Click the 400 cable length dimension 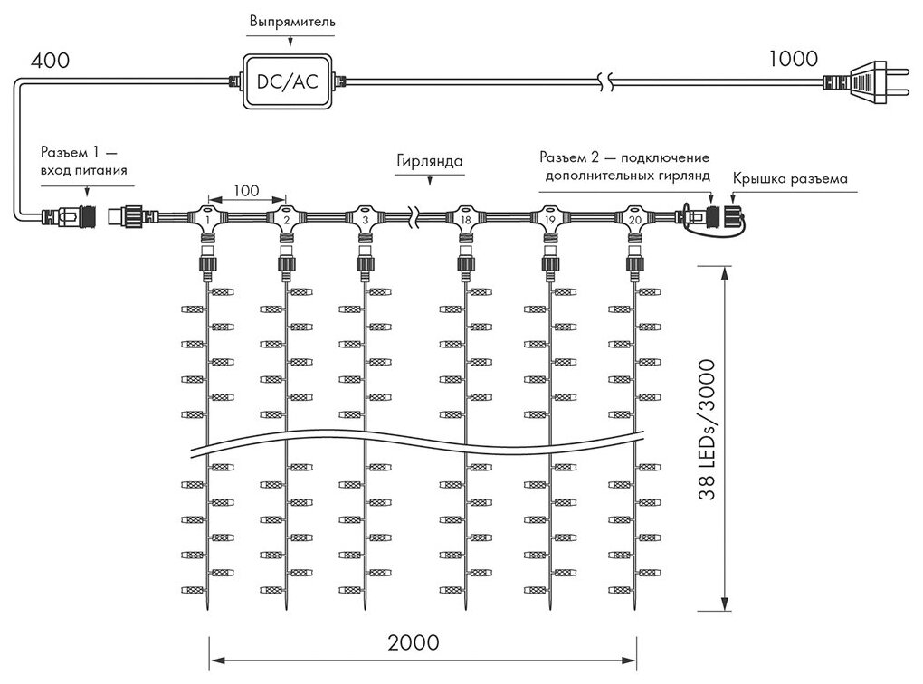click(x=49, y=62)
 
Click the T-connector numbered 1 click(x=208, y=219)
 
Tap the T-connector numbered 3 click(x=364, y=219)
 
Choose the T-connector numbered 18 click(x=464, y=219)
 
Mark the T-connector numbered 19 click(x=548, y=219)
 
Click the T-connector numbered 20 click(x=633, y=219)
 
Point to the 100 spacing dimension click(x=246, y=191)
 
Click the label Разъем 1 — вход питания click(x=84, y=160)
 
